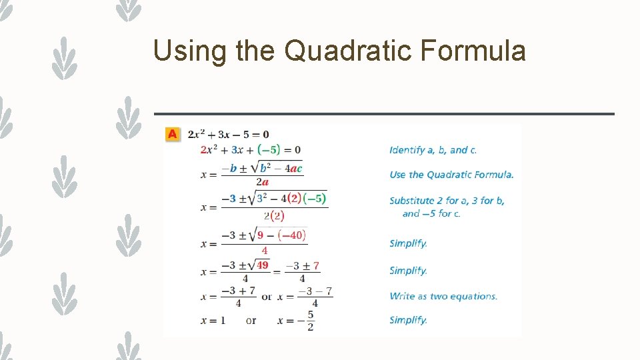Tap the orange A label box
click(x=173, y=134)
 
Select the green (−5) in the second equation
click(x=269, y=150)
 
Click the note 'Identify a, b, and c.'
click(x=433, y=150)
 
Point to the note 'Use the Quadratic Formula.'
click(x=451, y=175)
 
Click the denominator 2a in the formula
click(x=262, y=181)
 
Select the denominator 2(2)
click(x=273, y=215)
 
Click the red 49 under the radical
click(x=263, y=265)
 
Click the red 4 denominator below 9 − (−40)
click(x=264, y=251)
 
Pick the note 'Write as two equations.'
click(x=443, y=296)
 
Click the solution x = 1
click(x=213, y=321)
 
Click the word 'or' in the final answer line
click(x=251, y=321)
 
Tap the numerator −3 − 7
click(x=315, y=291)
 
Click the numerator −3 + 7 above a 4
click(x=238, y=291)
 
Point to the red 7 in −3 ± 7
click(x=316, y=266)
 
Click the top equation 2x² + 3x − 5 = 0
click(x=228, y=135)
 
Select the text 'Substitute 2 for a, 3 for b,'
click(x=447, y=201)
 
